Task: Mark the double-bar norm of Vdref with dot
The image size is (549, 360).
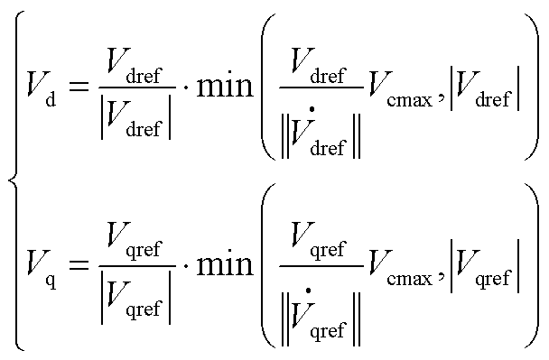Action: pos(321,135)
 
